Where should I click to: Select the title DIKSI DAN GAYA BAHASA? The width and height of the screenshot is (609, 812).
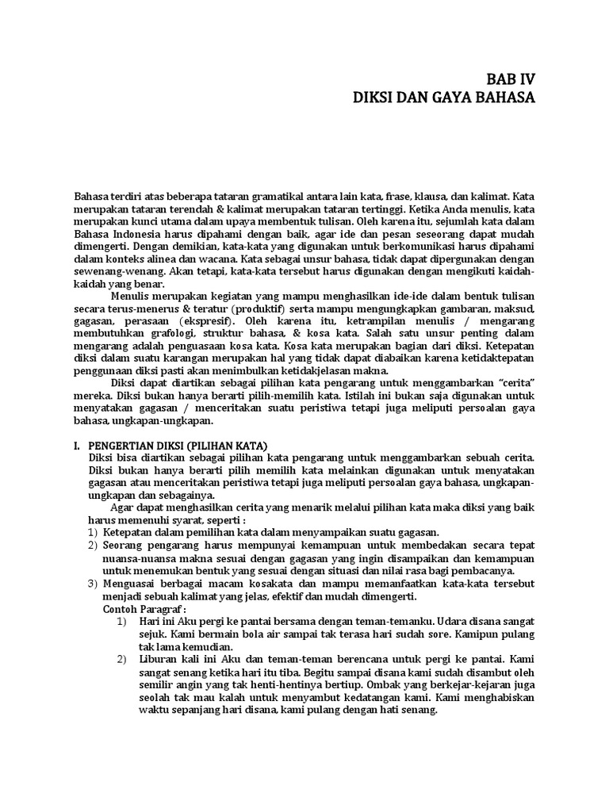pos(443,99)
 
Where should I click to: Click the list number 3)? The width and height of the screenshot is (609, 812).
pos(92,583)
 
